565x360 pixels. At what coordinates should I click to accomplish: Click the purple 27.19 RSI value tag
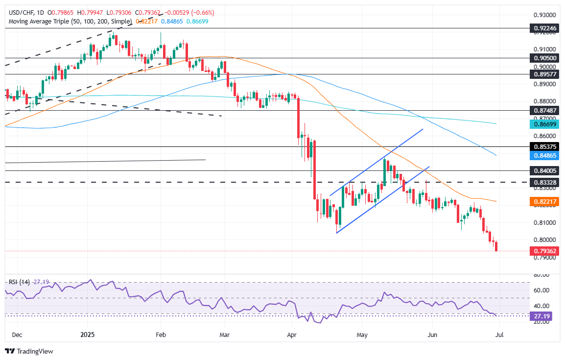click(544, 316)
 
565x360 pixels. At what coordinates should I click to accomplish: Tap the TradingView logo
click(29, 351)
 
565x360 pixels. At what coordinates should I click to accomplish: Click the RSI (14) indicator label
click(19, 282)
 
